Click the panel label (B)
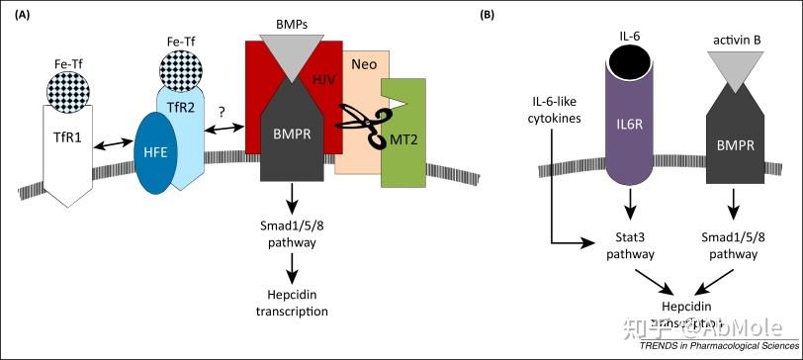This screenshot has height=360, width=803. tap(515, 15)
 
